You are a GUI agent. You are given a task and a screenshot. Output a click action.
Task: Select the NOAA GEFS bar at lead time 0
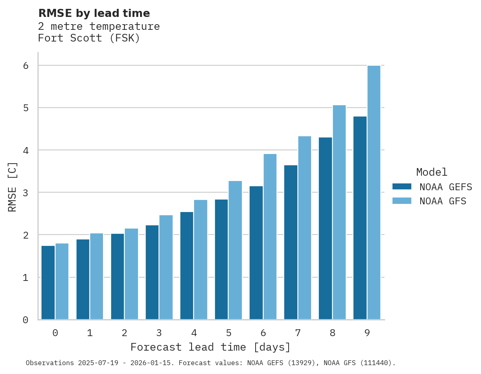(x=48, y=283)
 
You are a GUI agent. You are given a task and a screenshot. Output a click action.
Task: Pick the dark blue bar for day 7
(x=291, y=242)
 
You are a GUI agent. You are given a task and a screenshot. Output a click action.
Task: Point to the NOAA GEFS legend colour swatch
(x=402, y=186)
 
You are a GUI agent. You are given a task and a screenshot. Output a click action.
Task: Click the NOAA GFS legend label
(x=443, y=201)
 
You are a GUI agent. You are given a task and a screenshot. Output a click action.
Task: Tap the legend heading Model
(x=431, y=172)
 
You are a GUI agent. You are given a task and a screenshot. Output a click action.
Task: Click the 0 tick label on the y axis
(x=25, y=320)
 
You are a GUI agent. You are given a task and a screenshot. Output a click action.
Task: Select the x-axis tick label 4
(x=194, y=333)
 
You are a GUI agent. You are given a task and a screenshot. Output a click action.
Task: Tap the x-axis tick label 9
(x=367, y=333)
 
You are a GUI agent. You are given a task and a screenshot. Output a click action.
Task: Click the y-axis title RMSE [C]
(x=12, y=187)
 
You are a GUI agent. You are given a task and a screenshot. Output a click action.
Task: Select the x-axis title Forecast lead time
(x=210, y=347)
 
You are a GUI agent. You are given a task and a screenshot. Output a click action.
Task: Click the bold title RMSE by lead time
(x=94, y=13)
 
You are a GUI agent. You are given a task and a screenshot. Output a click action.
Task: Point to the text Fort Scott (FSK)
(x=89, y=38)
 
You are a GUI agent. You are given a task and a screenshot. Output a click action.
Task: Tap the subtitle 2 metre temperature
(x=99, y=27)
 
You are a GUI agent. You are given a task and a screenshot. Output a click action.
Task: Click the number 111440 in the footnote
(x=377, y=363)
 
